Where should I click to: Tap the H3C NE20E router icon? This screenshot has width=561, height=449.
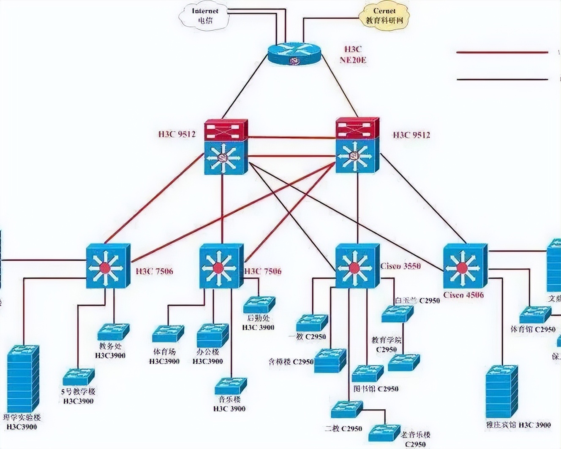coord(294,54)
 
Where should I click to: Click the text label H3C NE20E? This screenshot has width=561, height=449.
coord(353,54)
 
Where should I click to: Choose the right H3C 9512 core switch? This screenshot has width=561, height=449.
coord(357,146)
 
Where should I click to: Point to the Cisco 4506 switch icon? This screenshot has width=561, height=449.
coord(465,267)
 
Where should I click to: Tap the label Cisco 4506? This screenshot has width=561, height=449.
coord(464,295)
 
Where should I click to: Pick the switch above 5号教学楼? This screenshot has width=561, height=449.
coord(79,377)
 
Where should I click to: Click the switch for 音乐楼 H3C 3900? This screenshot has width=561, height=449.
coord(230,386)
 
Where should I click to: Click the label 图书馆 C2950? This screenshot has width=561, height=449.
coord(376,389)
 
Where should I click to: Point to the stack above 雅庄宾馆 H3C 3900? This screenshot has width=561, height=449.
coord(501,390)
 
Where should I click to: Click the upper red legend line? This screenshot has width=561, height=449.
coord(502,53)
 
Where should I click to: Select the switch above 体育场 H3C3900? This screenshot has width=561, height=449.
coord(168,334)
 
